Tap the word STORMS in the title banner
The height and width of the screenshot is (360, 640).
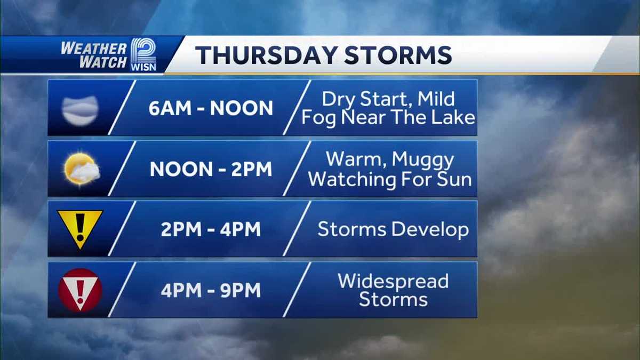coord(398,55)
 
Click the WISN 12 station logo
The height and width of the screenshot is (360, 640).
coord(143,54)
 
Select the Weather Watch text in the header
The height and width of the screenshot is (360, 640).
coord(94,55)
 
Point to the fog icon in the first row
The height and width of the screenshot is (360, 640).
coord(81,110)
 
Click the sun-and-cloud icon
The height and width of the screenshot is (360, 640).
coord(82,169)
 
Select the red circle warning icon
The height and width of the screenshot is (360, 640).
coord(81,290)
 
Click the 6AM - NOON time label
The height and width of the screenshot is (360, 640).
coord(211,108)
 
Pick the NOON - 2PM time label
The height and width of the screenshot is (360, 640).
coord(211,169)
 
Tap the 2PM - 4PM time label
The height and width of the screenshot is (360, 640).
coord(211,229)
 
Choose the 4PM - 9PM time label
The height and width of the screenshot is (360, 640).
coord(211,290)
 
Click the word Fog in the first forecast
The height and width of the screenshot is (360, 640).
coord(319,118)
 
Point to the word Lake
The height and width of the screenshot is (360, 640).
coord(453,117)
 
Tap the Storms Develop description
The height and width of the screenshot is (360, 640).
coord(393,230)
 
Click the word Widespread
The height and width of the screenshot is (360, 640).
coord(393,281)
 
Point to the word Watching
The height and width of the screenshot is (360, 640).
coord(352,179)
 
